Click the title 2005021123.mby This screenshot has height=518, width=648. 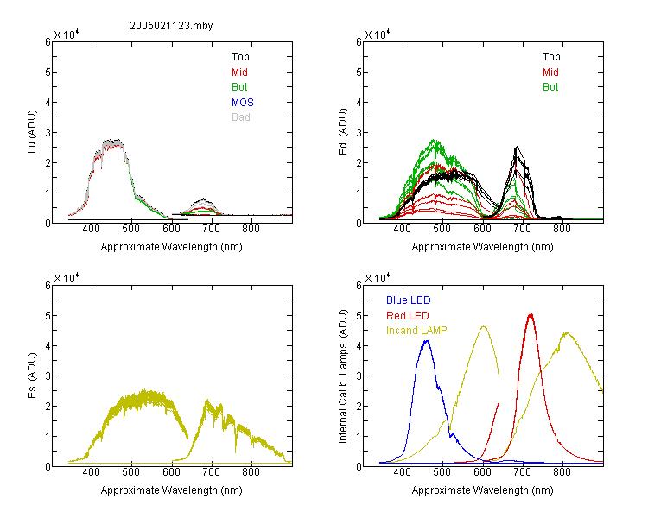[x=171, y=26]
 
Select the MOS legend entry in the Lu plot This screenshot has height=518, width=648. [x=243, y=103]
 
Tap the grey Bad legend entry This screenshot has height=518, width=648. [x=240, y=117]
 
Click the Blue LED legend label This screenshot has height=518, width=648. [x=409, y=300]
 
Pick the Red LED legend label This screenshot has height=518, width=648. [x=408, y=316]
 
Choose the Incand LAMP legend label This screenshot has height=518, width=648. [x=416, y=331]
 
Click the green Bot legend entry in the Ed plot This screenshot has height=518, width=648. [x=550, y=87]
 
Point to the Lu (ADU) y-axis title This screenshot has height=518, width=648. [x=32, y=131]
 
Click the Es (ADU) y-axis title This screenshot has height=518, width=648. [x=32, y=375]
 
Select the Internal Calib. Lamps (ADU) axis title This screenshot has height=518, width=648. [x=343, y=376]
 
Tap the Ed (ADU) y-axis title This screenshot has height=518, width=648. [x=343, y=131]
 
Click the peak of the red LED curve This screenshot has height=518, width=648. [x=530, y=314]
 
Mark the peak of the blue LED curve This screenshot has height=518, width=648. [x=427, y=341]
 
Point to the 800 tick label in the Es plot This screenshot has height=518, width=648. [x=251, y=472]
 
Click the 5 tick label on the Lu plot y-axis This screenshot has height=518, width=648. [x=48, y=73]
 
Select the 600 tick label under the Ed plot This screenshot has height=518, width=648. [x=482, y=229]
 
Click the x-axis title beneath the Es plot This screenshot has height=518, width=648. [x=172, y=490]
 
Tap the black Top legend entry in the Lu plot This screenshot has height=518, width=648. [x=240, y=57]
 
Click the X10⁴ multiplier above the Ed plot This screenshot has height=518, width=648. [x=377, y=35]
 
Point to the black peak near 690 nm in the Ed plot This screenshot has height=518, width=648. [x=517, y=147]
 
